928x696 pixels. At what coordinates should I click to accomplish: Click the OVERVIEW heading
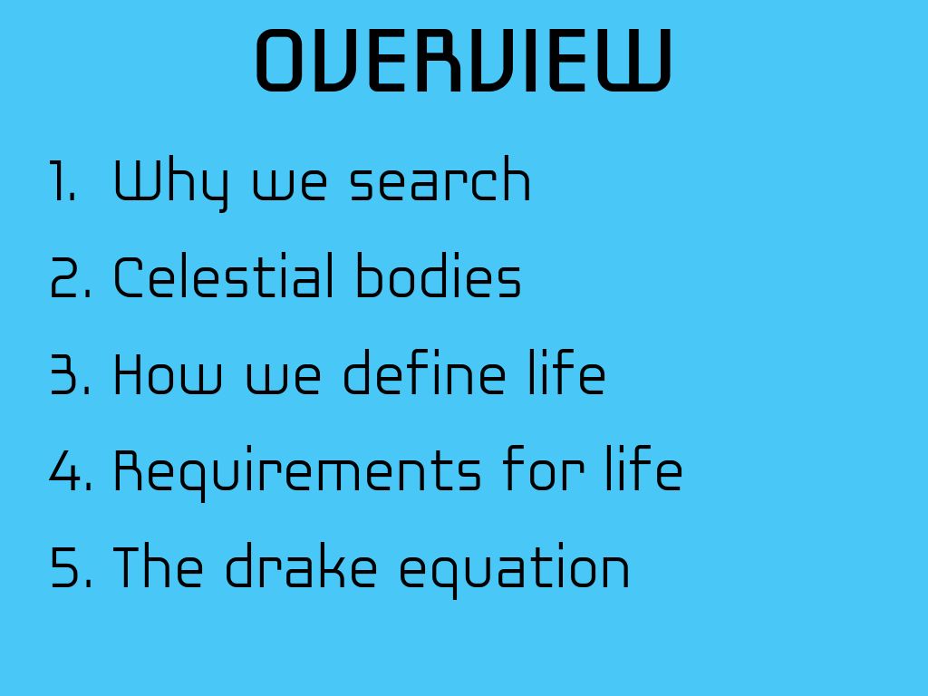[x=463, y=61]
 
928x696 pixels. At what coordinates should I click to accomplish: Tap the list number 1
[x=63, y=180]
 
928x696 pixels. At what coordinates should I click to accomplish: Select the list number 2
[x=71, y=277]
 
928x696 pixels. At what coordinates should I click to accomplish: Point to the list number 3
[x=71, y=374]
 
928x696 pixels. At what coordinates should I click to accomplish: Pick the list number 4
[x=71, y=470]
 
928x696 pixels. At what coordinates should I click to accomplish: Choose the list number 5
[x=71, y=567]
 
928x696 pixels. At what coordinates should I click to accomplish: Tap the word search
[x=440, y=179]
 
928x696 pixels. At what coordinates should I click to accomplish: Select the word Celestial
[x=223, y=275]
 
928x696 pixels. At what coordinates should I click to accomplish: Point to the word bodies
[x=438, y=275]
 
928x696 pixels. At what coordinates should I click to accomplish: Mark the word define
[x=424, y=372]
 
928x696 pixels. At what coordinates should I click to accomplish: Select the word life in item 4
[x=644, y=469]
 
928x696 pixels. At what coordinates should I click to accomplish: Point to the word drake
[x=301, y=565]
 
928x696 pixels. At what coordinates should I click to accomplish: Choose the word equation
[x=515, y=570]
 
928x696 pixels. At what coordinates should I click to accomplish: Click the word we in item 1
[x=290, y=185]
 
